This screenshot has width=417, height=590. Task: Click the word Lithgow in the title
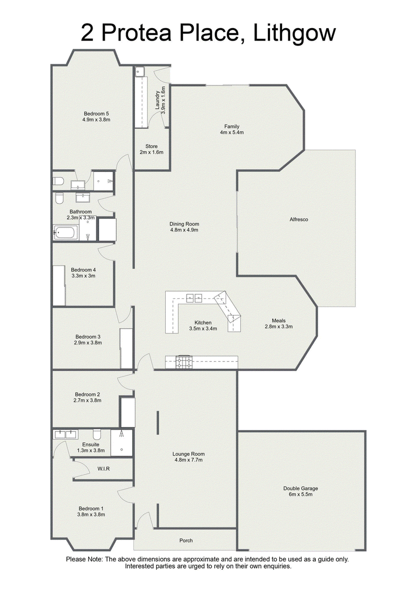tap(294, 33)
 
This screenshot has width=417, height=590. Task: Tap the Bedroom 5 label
tap(96, 114)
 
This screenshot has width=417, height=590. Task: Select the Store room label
tap(152, 146)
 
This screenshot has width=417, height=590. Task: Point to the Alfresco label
tap(299, 219)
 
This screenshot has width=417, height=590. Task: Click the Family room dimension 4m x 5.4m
tap(231, 132)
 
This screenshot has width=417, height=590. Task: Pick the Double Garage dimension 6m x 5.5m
tap(301, 494)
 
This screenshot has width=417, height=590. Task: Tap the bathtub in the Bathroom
tap(66, 233)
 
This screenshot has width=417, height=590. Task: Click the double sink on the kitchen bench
tap(194, 298)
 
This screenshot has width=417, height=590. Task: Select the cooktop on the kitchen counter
tap(183, 362)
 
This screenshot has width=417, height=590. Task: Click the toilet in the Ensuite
tap(97, 434)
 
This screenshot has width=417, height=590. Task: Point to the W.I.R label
tap(104, 469)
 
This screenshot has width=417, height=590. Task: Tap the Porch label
tap(186, 541)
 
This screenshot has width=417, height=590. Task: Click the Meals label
tap(279, 321)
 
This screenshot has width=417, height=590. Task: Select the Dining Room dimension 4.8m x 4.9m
tap(184, 230)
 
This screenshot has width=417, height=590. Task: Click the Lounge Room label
tap(188, 454)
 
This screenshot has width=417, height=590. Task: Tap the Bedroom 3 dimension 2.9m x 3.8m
tap(88, 343)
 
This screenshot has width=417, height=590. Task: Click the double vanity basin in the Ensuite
tap(66, 434)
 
